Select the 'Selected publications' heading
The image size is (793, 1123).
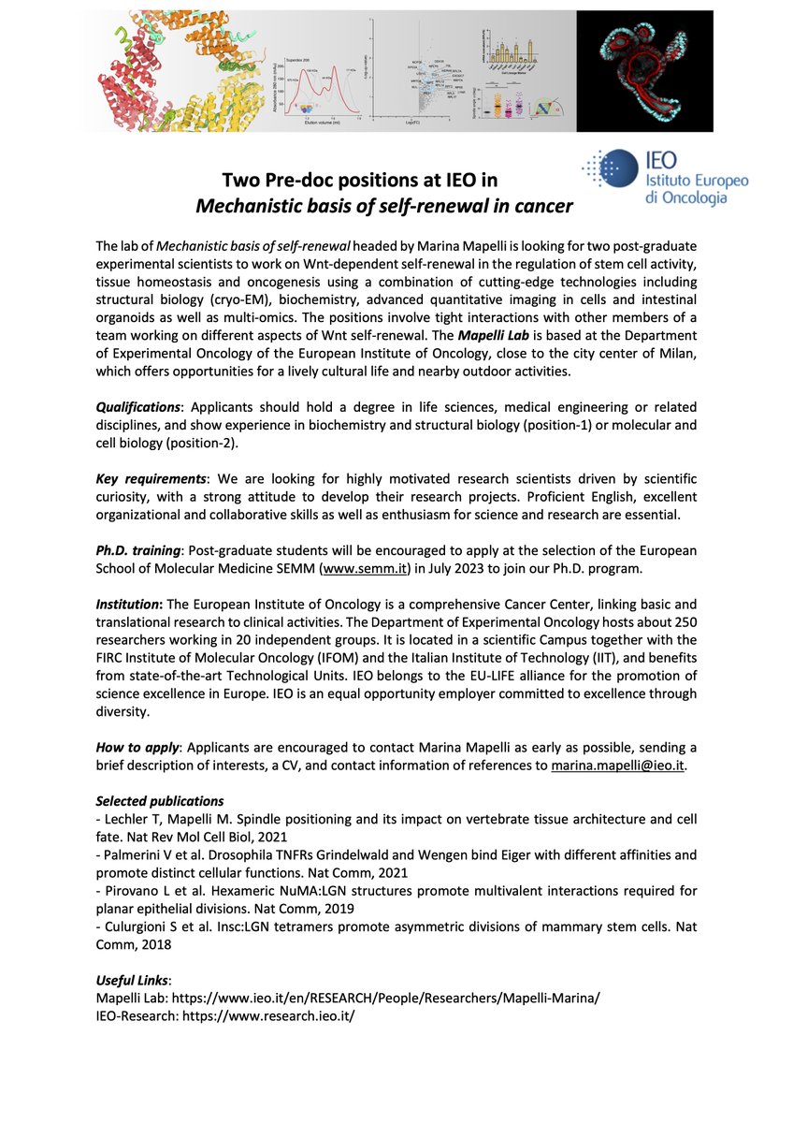[160, 801]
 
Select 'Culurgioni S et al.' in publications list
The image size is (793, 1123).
[153, 926]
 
